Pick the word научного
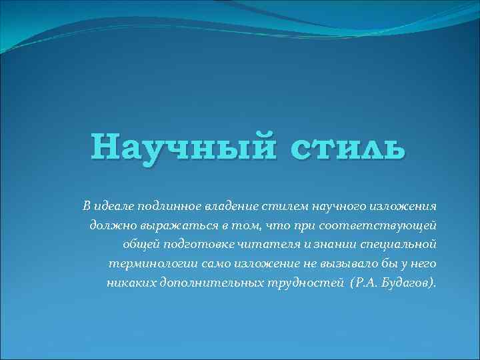coord(323,203)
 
